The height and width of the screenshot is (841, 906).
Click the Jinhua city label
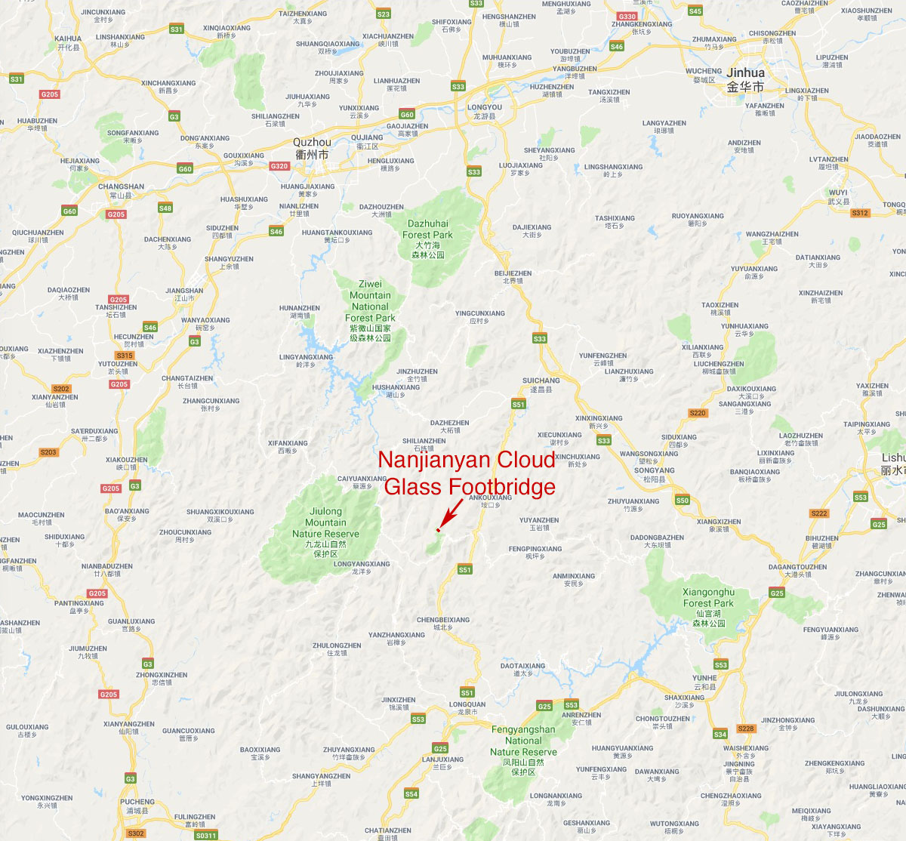(x=745, y=79)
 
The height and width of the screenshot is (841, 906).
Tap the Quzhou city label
(x=312, y=148)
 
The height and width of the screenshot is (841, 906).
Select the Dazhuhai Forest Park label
(x=428, y=239)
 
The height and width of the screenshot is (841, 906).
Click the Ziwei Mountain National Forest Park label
(x=370, y=311)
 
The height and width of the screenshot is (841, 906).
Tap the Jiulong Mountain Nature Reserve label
(x=325, y=532)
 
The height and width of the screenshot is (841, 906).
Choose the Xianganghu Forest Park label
(x=708, y=608)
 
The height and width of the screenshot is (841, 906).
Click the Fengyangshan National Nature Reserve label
(x=523, y=750)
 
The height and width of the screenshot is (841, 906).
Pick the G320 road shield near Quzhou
(x=279, y=166)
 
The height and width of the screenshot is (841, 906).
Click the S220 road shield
(x=698, y=413)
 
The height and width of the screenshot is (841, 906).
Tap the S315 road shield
(x=125, y=356)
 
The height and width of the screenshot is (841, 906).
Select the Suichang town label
(x=541, y=384)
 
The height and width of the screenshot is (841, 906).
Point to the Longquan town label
(x=467, y=707)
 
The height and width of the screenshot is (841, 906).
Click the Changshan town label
(x=121, y=190)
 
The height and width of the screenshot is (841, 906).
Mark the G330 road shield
(x=627, y=16)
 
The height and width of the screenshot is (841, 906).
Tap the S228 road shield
(x=746, y=729)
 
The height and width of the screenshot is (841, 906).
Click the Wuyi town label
(x=838, y=196)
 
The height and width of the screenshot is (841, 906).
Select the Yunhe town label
(x=704, y=682)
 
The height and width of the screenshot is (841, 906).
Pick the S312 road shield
(x=860, y=213)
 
